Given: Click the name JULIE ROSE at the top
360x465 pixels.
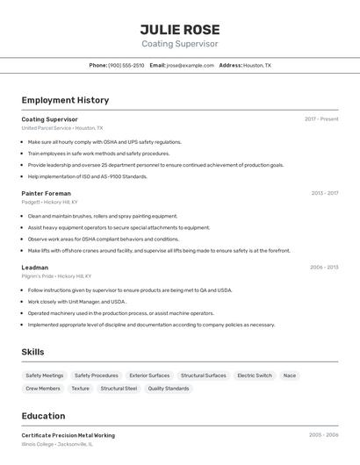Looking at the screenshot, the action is [180, 29].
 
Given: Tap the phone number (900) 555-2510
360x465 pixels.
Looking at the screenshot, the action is [126, 65].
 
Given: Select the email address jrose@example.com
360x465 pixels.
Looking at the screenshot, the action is [191, 65].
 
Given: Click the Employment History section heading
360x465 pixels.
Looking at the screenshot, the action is [65, 100].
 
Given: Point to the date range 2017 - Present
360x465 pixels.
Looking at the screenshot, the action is [321, 118].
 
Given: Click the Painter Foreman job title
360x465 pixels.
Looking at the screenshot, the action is [47, 193].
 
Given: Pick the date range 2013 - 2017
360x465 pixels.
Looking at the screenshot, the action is [324, 193].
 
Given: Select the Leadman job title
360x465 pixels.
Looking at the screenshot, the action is [35, 267].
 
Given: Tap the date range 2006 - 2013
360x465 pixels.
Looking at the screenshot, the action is [323, 267].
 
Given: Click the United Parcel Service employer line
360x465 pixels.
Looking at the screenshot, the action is [62, 128].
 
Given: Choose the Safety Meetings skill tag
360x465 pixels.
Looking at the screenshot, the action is [45, 376].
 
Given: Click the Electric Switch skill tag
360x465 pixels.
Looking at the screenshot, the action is [255, 376].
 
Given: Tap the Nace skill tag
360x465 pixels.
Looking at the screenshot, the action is [290, 376].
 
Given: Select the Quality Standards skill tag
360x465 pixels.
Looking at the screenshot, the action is [169, 388].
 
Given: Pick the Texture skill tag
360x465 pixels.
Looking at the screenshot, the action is [81, 388].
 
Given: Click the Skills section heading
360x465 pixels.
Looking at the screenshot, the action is [33, 352].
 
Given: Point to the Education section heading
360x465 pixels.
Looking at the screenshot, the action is [44, 416].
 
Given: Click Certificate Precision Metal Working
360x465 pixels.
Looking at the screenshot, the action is [68, 435].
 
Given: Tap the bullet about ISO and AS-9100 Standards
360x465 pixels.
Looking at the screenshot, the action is [88, 176].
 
